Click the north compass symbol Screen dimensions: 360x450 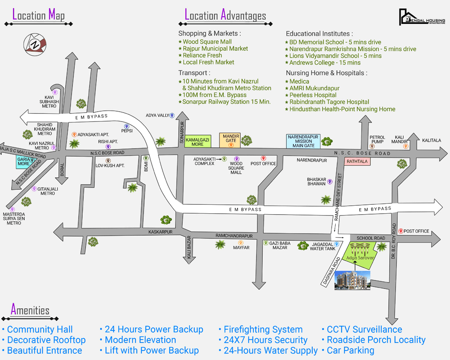click(x=34, y=44)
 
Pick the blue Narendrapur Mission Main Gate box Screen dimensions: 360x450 click(x=303, y=141)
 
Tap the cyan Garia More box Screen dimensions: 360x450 click(x=24, y=162)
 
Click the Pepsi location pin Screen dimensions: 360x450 click(x=126, y=126)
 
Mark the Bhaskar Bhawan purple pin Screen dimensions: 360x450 click(x=330, y=182)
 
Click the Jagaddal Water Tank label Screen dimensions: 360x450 click(x=323, y=246)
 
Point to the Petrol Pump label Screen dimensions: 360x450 click(x=377, y=139)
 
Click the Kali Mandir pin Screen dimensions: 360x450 click(x=405, y=146)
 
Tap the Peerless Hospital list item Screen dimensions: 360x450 click(x=313, y=95)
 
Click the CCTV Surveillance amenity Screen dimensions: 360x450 click(x=364, y=329)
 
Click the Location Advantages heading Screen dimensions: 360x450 click(x=225, y=16)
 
